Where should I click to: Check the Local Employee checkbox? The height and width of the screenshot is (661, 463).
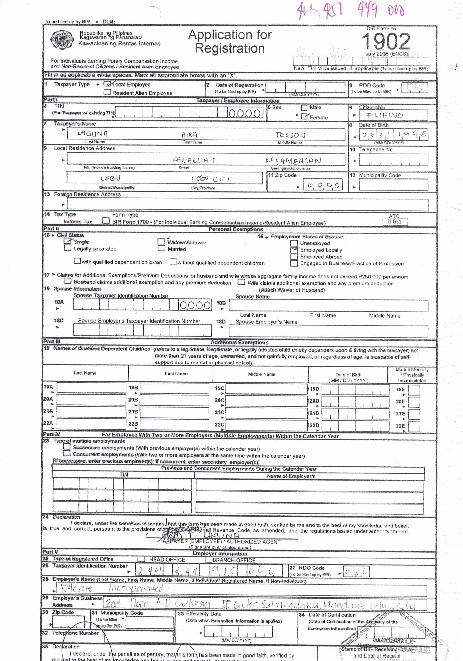click(x=107, y=84)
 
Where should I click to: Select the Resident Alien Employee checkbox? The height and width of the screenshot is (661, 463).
click(x=107, y=92)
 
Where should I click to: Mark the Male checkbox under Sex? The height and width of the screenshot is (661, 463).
click(x=304, y=108)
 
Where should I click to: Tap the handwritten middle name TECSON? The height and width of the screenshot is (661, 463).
click(x=290, y=135)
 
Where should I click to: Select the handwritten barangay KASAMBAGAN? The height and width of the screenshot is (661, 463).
click(x=293, y=160)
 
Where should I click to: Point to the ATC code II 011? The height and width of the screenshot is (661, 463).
click(x=395, y=221)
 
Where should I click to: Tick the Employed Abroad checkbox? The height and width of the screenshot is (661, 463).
click(x=294, y=256)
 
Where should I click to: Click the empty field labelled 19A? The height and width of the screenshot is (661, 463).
click(x=91, y=388)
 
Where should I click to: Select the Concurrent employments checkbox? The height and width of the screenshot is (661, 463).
click(x=67, y=453)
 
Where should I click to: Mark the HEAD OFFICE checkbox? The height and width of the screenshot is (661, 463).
click(x=141, y=559)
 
